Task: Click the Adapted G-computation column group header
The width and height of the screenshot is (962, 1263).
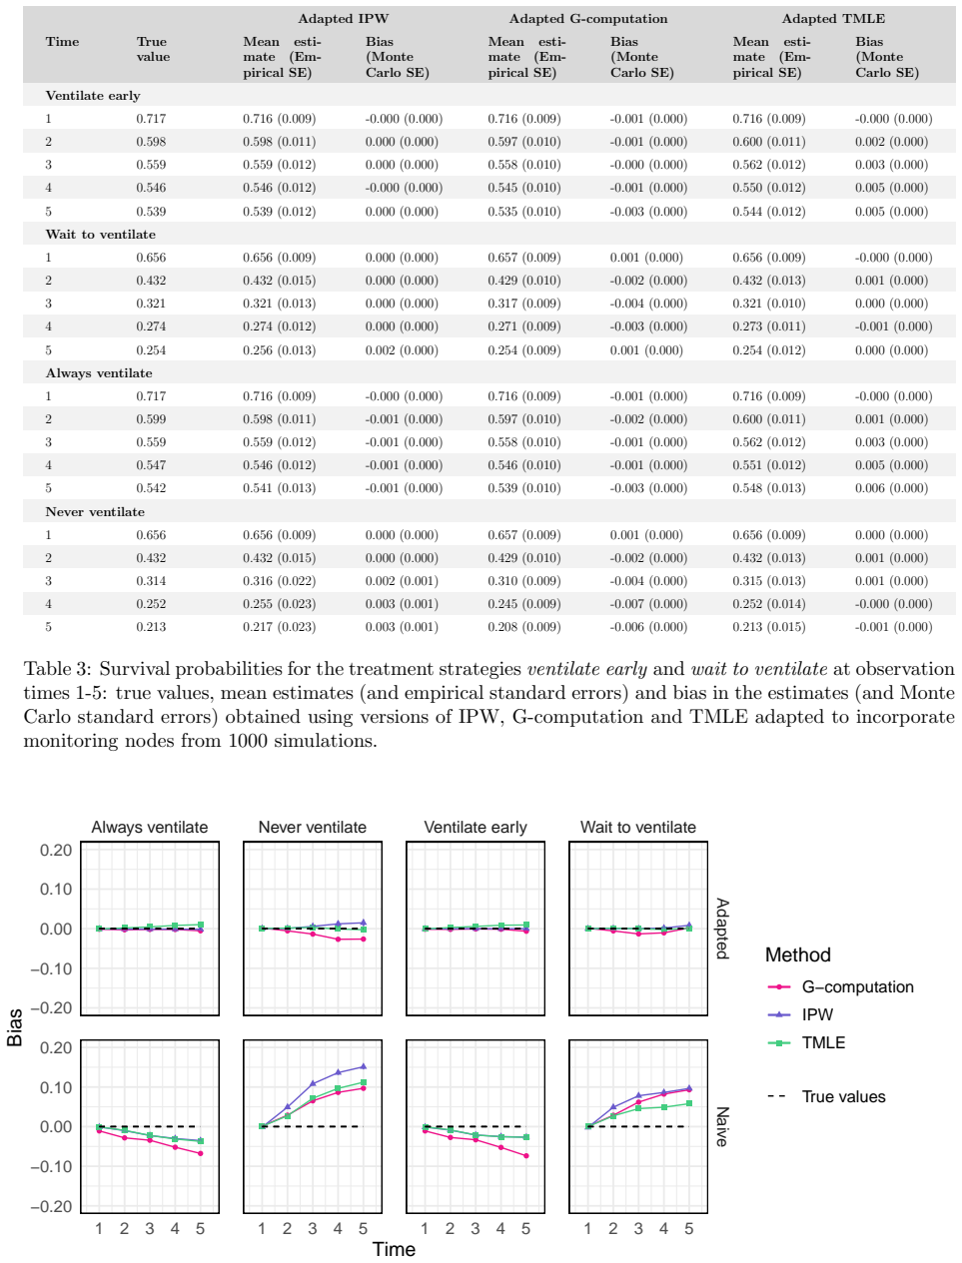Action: [587, 19]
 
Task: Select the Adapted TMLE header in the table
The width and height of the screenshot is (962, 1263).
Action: [832, 19]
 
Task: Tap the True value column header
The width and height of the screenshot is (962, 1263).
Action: [153, 49]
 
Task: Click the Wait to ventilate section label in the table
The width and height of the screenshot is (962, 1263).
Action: [101, 235]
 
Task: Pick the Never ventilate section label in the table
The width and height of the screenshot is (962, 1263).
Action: [95, 511]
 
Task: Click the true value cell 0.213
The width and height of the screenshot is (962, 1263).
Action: [151, 627]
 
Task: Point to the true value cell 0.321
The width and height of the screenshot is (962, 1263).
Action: [151, 304]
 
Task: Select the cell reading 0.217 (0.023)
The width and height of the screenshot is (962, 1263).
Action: [280, 627]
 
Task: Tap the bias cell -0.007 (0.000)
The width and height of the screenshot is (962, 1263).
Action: [648, 604]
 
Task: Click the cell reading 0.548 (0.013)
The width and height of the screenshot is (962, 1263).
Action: [769, 488]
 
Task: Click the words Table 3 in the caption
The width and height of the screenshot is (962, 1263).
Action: [57, 669]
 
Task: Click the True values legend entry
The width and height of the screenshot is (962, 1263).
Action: [827, 1096]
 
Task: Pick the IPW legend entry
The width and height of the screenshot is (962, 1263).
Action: [800, 1014]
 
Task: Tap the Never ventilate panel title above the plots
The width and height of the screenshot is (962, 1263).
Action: [312, 827]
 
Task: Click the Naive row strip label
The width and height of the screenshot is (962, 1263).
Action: [722, 1126]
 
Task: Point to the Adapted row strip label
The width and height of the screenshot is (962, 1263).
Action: [722, 929]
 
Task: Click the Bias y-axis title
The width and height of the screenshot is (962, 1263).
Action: [14, 1027]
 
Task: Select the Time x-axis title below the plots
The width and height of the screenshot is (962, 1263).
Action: [394, 1249]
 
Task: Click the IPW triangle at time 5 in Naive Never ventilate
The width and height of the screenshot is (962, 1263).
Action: [363, 1066]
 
